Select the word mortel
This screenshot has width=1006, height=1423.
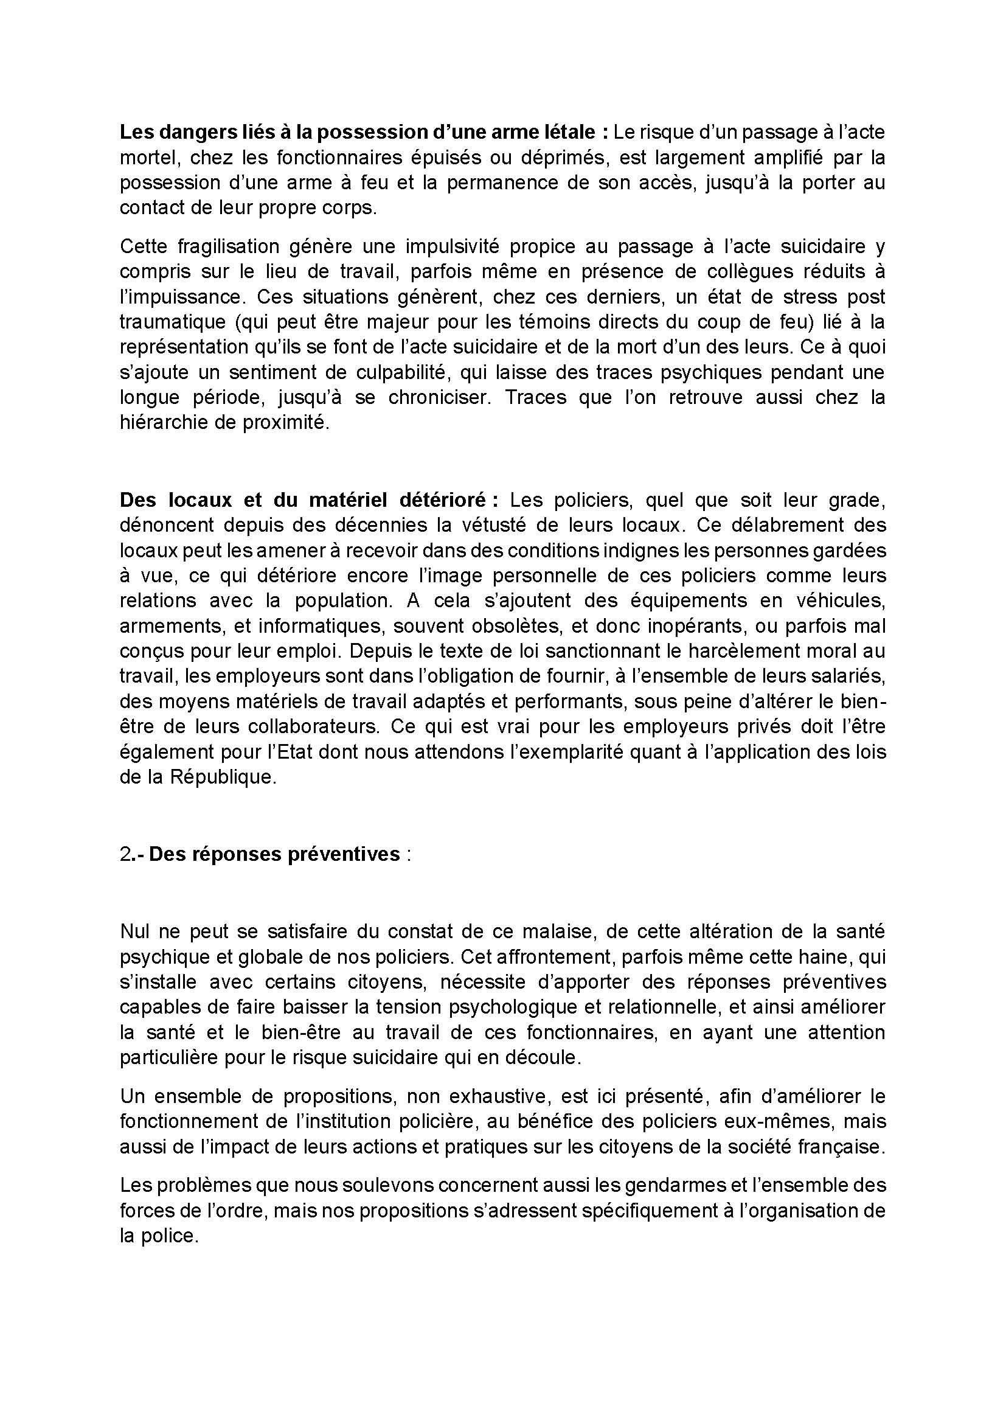click(147, 158)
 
